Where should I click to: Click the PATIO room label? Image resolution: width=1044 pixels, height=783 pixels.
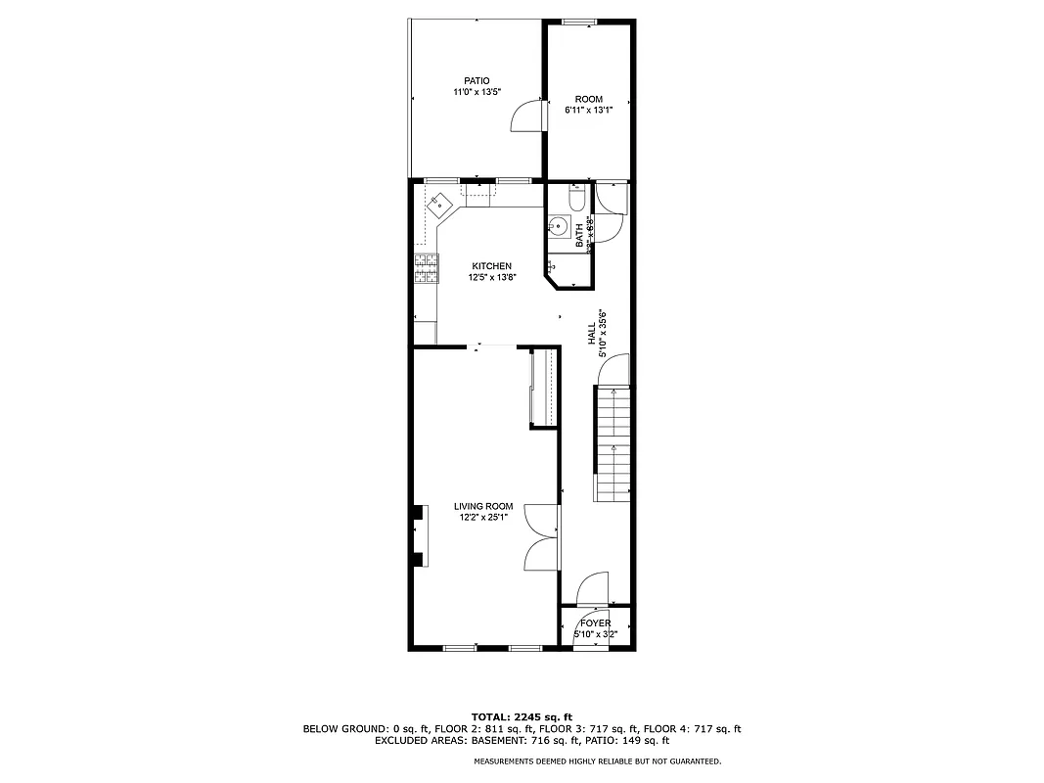pos(477,81)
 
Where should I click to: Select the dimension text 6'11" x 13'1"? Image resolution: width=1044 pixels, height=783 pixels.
pos(589,110)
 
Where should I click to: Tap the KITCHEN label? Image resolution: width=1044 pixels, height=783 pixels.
pos(491,266)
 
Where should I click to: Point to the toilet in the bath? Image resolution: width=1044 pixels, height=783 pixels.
pos(576,201)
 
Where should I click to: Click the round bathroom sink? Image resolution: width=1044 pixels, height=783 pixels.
pos(558,226)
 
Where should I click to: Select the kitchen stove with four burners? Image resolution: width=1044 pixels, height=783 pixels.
pos(426,267)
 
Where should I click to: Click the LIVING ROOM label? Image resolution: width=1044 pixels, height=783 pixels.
pos(483,506)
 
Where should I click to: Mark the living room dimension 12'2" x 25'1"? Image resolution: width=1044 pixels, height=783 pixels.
pos(483,518)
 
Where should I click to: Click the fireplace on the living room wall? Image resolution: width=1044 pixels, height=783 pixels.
pos(419,534)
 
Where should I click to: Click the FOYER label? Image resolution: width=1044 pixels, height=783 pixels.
pos(595,623)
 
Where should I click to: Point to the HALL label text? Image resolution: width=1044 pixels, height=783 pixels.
pos(591,334)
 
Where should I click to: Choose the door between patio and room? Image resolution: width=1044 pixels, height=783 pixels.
pos(528,115)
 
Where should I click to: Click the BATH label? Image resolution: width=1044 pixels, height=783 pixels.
pos(579,234)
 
